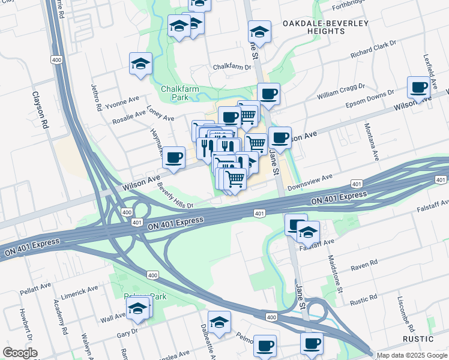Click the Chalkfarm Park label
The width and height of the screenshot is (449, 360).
point(179,93)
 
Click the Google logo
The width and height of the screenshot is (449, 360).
point(20,353)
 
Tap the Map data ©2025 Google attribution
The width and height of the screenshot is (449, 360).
point(411,355)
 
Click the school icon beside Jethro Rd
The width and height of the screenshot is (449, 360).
point(140,64)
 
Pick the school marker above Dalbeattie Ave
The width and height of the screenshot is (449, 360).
point(219,322)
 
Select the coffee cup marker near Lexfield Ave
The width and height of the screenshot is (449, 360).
point(418,88)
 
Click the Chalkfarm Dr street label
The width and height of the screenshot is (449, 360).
point(231,67)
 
